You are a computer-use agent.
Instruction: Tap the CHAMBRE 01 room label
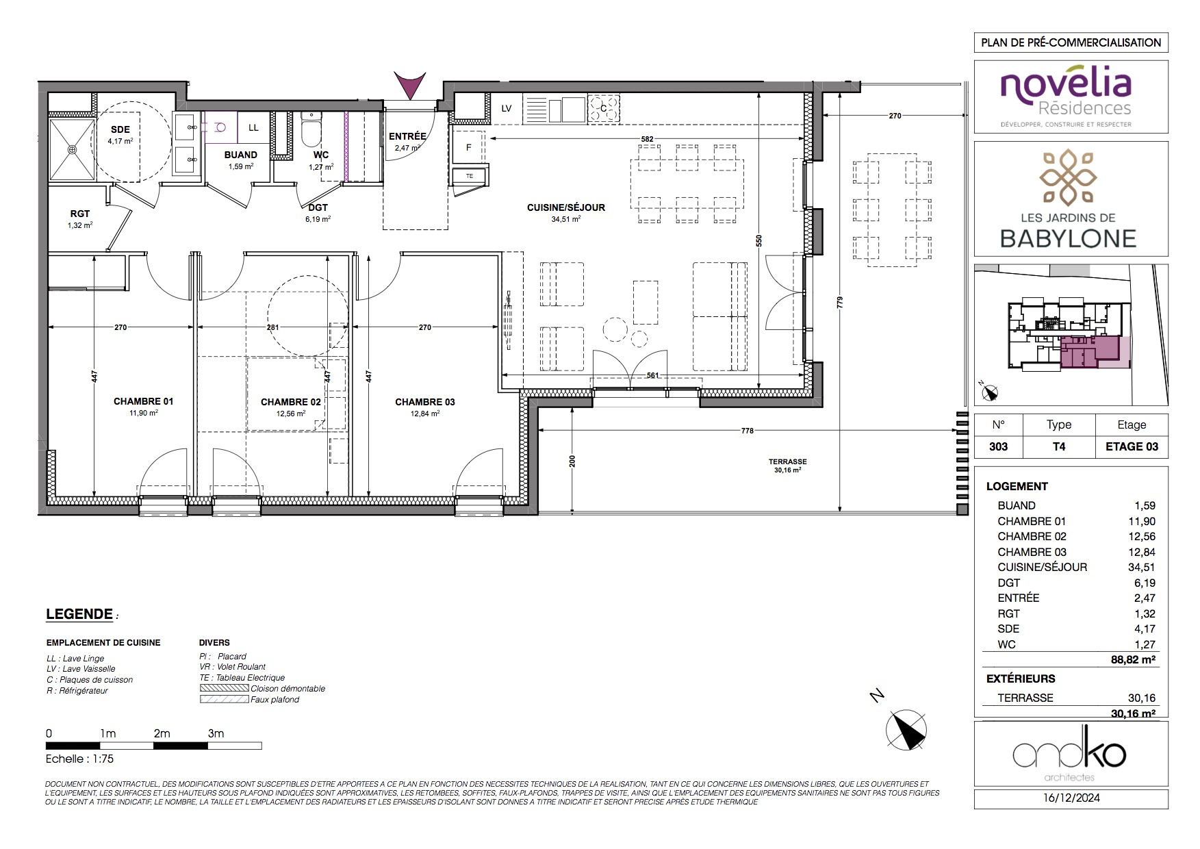143,402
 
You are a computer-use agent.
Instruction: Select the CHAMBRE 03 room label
424,402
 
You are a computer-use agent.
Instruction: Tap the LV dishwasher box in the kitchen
507,108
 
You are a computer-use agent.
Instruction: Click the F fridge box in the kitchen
469,147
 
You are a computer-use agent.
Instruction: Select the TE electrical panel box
470,176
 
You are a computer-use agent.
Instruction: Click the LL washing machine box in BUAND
253,127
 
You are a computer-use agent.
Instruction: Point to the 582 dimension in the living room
647,139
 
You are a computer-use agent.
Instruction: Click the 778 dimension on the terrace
747,431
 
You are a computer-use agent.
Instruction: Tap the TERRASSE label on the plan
787,462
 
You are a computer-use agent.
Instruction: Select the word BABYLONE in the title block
1069,238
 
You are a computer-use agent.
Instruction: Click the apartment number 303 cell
998,446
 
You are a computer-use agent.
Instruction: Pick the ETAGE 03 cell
1132,446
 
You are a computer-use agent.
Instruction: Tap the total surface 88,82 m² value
1133,660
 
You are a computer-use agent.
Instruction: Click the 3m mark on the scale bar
216,733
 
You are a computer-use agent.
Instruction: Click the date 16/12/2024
1071,798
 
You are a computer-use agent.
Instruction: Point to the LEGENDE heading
79,614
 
